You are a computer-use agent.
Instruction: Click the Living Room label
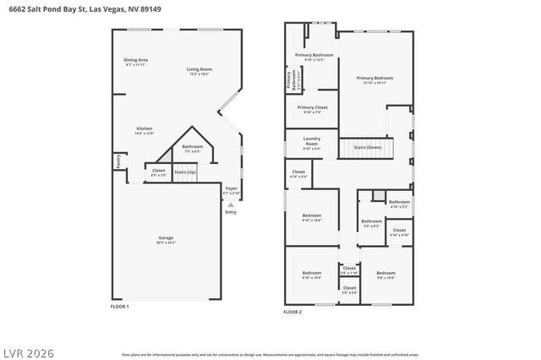coord(199,68)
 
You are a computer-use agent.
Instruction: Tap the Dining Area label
coord(136,60)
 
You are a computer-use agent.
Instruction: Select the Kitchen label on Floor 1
coord(145,128)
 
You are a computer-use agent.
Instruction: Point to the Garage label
coord(165,238)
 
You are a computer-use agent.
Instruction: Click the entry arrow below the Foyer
coord(231,204)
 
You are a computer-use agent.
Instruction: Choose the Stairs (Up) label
coord(185,172)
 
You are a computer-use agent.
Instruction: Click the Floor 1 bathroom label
coord(192,146)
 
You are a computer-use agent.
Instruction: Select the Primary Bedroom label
coord(374,77)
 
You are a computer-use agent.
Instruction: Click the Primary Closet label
coord(312,107)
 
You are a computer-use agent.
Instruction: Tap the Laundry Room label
coord(311,141)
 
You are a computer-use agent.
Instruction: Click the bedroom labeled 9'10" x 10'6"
coord(312,215)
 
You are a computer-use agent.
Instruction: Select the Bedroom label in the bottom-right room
coord(385,273)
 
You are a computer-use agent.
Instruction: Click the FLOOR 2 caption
coord(292,312)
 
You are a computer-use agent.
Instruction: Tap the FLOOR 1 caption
coord(120,306)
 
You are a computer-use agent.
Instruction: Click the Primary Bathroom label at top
coord(314,55)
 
